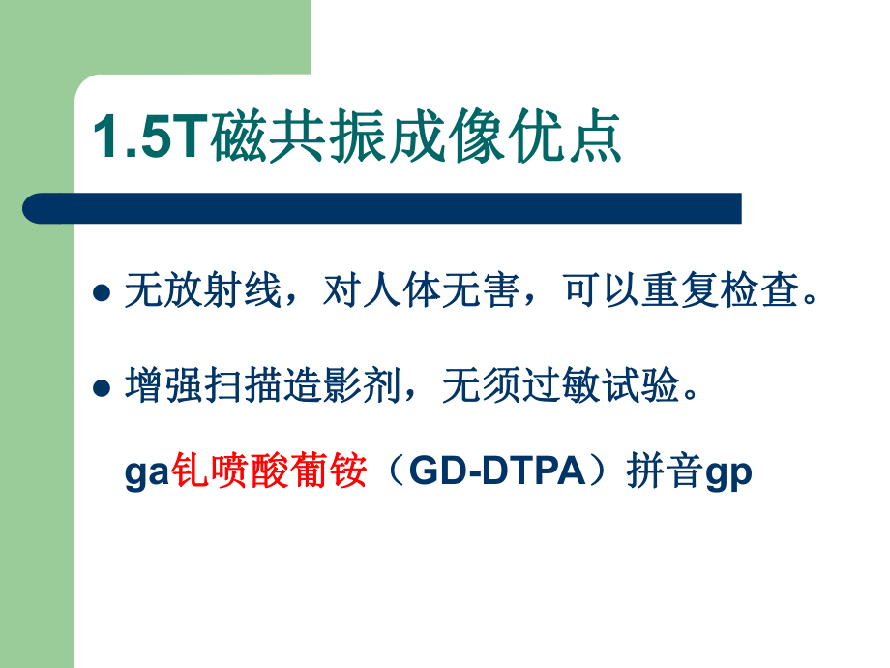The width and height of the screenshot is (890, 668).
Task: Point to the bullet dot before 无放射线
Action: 101,294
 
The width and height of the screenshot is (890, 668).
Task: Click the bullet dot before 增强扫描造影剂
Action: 101,389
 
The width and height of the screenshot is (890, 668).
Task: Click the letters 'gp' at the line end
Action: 729,474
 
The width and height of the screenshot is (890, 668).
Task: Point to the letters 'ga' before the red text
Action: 147,474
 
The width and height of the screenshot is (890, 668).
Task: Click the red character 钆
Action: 190,472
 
